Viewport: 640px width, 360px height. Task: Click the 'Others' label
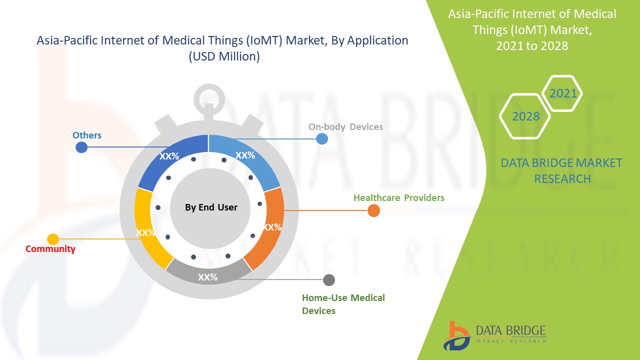pos(87,135)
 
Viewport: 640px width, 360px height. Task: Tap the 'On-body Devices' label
pos(345,127)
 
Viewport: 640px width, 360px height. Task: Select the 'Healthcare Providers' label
pos(398,198)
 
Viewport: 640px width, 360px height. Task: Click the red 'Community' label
pos(50,249)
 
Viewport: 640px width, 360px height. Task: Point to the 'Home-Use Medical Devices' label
pos(343,304)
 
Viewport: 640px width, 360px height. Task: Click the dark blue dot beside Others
pos(81,147)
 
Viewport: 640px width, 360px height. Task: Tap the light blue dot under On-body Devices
pos(322,139)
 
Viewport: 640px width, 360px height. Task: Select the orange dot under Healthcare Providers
pos(373,211)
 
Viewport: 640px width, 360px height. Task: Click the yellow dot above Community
pos(53,239)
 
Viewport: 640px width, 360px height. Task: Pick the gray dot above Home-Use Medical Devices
pos(328,280)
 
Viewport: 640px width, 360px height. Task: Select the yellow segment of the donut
pos(148,230)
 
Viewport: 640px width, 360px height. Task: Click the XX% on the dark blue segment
pos(169,156)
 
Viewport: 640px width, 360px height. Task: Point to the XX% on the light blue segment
pos(245,155)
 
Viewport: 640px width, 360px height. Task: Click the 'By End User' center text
pos(211,207)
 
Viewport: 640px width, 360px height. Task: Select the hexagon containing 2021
pos(563,93)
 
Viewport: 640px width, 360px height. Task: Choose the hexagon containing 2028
pos(525,116)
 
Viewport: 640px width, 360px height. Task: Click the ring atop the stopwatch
pos(209,97)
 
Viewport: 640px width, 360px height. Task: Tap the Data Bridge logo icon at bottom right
pos(456,335)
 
